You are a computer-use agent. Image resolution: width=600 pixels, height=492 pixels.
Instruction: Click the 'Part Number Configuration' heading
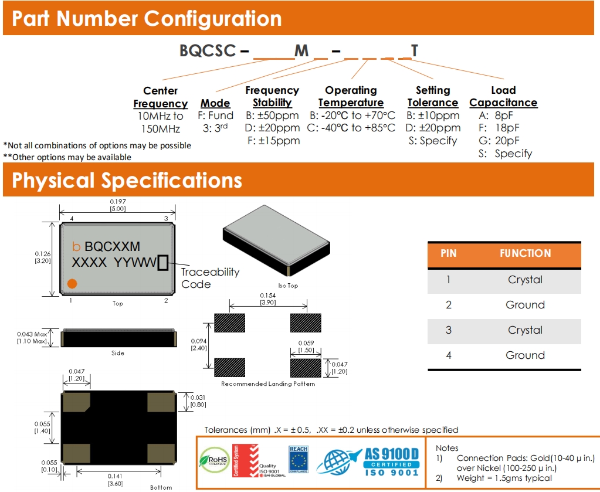click(x=147, y=19)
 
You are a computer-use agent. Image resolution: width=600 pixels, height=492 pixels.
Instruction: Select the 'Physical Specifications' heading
click(x=127, y=180)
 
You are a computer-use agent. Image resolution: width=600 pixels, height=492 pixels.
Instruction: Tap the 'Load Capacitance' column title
click(x=503, y=96)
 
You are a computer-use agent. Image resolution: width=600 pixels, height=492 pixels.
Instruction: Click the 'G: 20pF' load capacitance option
click(x=499, y=141)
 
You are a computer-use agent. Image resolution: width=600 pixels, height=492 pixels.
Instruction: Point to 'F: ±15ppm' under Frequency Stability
click(x=273, y=141)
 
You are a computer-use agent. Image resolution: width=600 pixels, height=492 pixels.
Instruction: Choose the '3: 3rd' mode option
click(x=215, y=128)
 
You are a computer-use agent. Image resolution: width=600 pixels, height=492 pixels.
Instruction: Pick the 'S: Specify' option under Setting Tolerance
click(x=433, y=141)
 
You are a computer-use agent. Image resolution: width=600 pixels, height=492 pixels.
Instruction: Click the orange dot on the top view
click(x=72, y=284)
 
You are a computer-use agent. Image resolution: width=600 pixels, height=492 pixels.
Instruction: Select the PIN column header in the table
click(x=448, y=254)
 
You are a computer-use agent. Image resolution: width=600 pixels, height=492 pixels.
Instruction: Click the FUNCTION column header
click(x=525, y=254)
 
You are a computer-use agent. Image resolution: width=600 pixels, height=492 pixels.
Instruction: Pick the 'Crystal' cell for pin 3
click(x=525, y=330)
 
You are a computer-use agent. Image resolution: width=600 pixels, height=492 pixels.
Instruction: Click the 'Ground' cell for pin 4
click(x=525, y=355)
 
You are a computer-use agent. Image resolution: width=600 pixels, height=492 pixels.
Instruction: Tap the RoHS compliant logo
click(x=215, y=460)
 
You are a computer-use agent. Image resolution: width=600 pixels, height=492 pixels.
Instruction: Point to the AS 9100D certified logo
click(x=370, y=460)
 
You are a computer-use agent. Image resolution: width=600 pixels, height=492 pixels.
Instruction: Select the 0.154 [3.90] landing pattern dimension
click(x=267, y=298)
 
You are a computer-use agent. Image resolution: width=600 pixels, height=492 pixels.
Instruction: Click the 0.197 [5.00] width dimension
click(x=118, y=205)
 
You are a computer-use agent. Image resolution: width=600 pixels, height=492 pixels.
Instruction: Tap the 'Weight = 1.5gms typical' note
click(x=504, y=478)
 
